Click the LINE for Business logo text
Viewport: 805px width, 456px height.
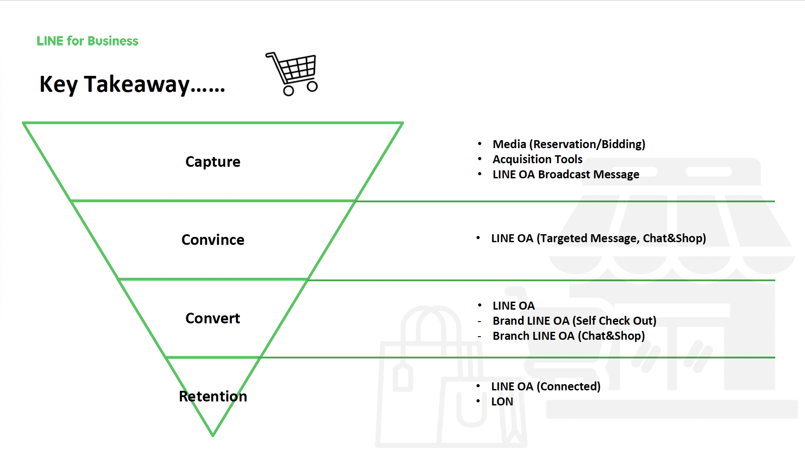click(x=87, y=41)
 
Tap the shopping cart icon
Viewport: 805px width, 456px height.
click(x=292, y=74)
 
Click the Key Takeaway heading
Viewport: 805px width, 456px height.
click(x=132, y=84)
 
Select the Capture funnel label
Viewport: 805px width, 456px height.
click(x=213, y=162)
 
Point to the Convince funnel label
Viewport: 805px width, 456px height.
click(x=213, y=240)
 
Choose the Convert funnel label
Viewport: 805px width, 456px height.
click(x=213, y=318)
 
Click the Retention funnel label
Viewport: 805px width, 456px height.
click(x=213, y=396)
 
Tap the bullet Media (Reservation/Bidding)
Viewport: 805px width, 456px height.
click(x=569, y=144)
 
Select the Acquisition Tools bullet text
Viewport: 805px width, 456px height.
click(x=537, y=159)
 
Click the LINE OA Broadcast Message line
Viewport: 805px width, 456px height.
click(x=566, y=174)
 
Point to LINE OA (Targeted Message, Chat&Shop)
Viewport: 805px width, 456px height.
click(x=598, y=238)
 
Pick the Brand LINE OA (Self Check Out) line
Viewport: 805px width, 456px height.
click(x=574, y=321)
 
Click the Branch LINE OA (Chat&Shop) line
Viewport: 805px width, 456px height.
click(x=569, y=336)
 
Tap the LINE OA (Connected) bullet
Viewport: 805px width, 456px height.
click(x=546, y=386)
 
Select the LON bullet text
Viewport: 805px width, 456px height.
click(x=502, y=401)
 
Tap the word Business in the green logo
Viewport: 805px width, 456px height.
click(x=113, y=41)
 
